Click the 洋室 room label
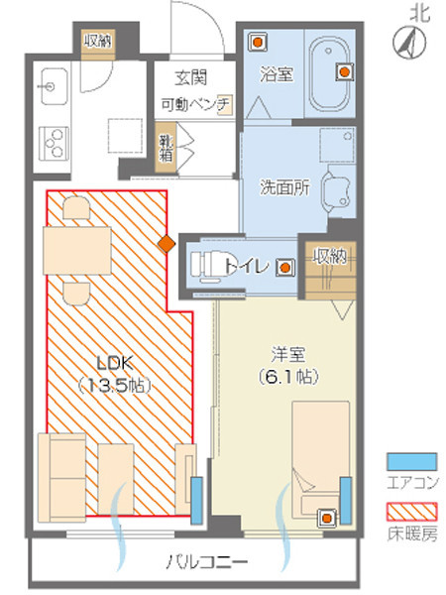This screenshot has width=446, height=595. [287, 354]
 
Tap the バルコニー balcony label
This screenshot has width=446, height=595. [207, 562]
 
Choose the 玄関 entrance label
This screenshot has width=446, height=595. [189, 77]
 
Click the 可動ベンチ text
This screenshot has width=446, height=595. [191, 103]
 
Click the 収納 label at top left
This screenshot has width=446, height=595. [97, 41]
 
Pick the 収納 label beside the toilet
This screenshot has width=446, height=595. [329, 256]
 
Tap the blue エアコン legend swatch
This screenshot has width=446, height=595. [411, 461]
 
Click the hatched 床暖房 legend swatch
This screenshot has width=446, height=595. [411, 514]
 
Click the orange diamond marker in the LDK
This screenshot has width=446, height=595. [167, 242]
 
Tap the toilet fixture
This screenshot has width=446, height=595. [208, 266]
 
